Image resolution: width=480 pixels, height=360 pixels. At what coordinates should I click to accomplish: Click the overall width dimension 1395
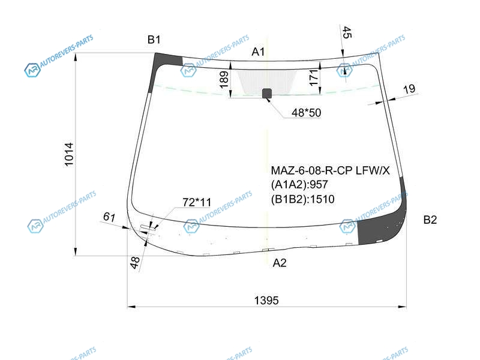pyautogui.click(x=266, y=301)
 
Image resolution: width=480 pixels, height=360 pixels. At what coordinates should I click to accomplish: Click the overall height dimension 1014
pyautogui.click(x=69, y=155)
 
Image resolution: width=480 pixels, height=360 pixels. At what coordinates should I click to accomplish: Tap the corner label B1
pyautogui.click(x=154, y=40)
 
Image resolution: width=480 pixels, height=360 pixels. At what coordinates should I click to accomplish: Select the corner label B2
pyautogui.click(x=430, y=220)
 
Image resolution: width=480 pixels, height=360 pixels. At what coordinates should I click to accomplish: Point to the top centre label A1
pyautogui.click(x=258, y=52)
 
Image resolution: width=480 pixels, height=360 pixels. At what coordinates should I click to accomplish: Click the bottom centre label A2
pyautogui.click(x=280, y=263)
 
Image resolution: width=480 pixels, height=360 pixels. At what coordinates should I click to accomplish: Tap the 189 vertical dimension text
pyautogui.click(x=224, y=79)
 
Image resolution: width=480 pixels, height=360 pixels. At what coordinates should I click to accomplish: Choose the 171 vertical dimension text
pyautogui.click(x=313, y=77)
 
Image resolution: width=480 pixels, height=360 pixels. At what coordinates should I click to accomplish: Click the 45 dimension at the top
pyautogui.click(x=347, y=32)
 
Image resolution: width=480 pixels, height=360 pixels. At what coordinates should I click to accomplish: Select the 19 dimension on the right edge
pyautogui.click(x=409, y=89)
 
